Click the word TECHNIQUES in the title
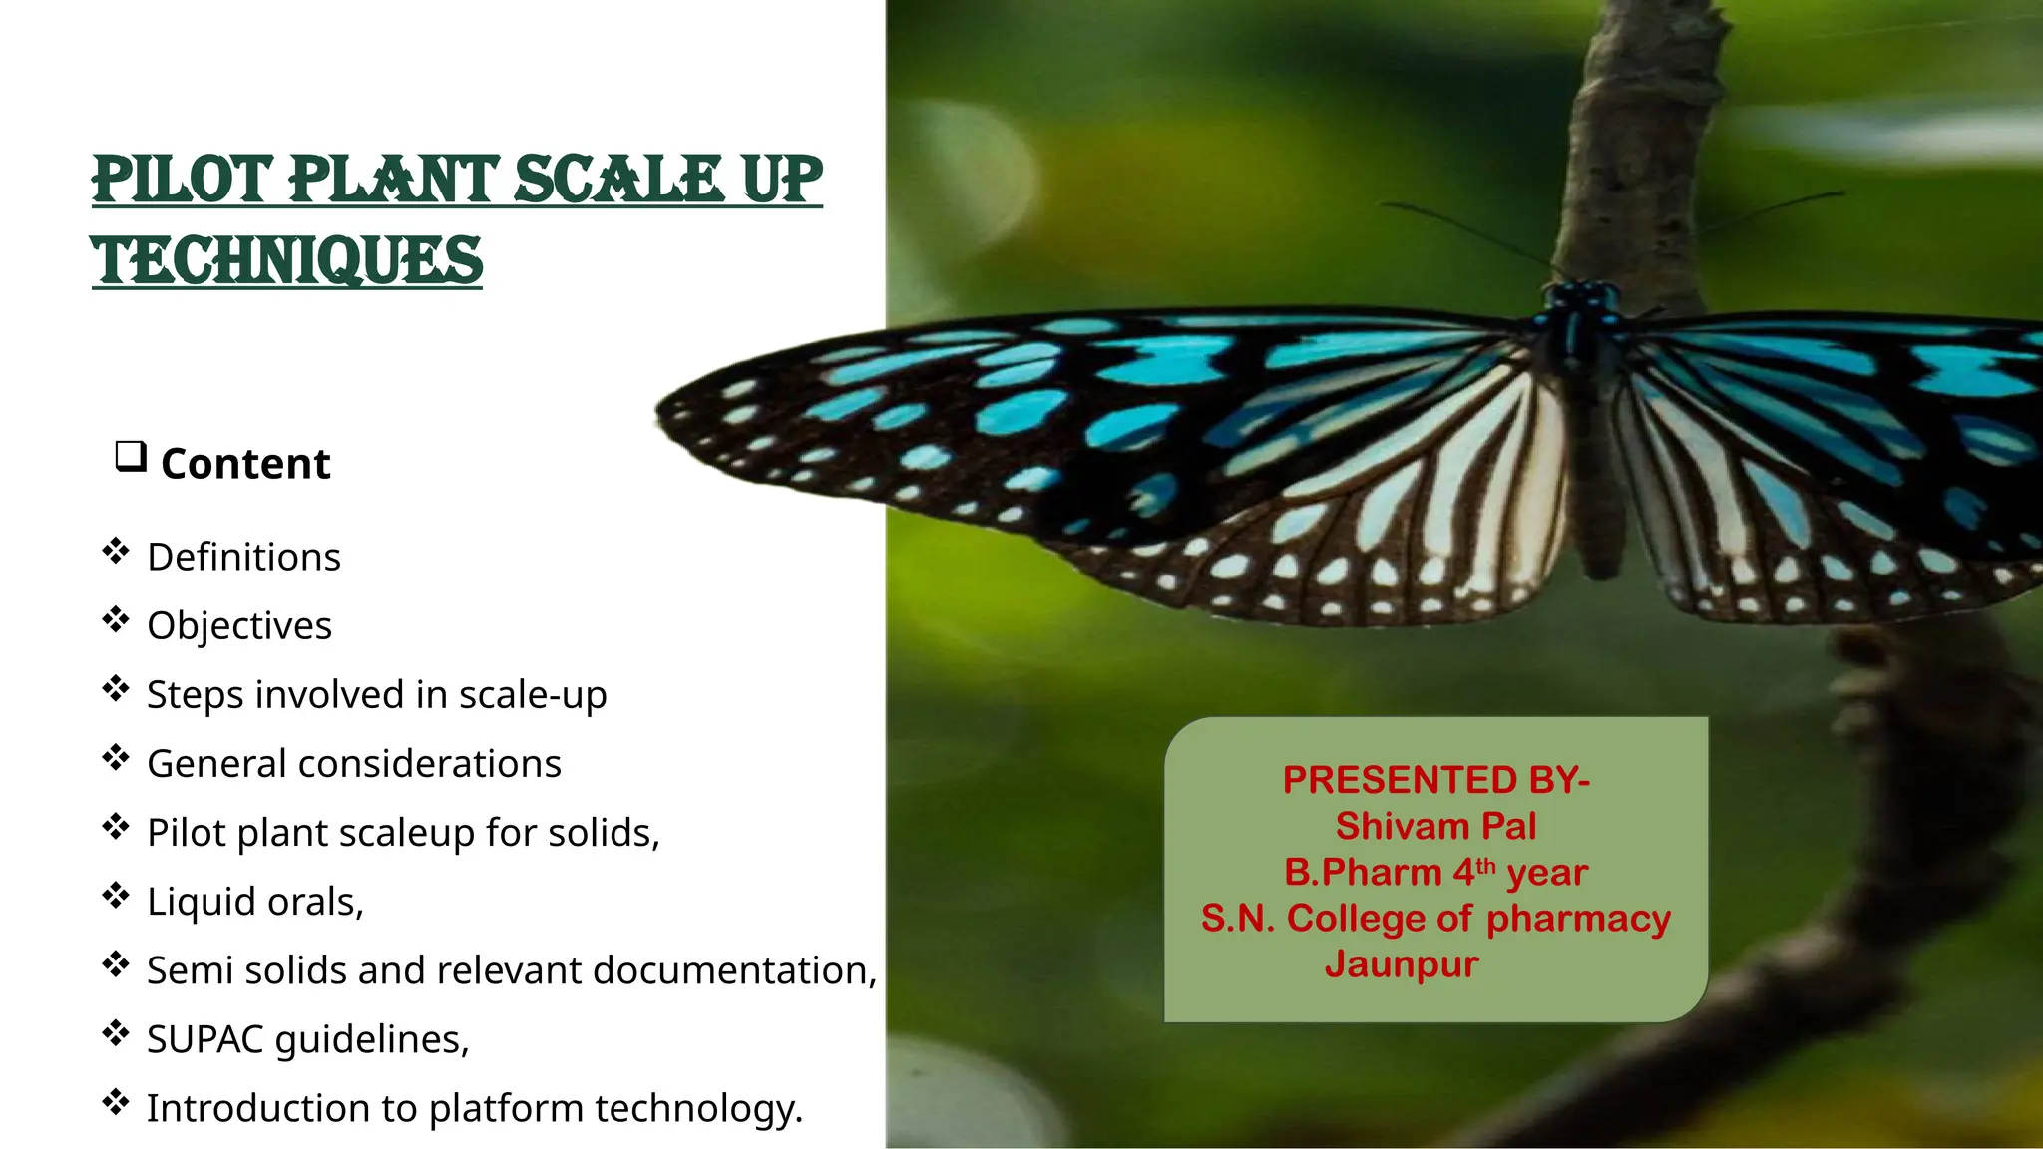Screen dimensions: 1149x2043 point(287,261)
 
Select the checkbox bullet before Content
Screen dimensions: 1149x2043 point(131,457)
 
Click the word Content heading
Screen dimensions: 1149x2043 point(245,464)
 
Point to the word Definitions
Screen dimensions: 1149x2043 point(243,557)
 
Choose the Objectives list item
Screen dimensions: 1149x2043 point(239,625)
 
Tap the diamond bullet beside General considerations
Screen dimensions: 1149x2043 point(116,758)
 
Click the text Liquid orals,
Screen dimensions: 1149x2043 point(255,902)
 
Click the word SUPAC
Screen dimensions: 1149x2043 point(204,1039)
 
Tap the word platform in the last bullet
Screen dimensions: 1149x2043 point(506,1109)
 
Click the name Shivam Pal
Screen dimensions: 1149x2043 point(1435,826)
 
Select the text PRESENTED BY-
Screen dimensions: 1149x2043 point(1435,780)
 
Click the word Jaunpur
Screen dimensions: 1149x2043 point(1402,964)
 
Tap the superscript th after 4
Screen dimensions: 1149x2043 point(1486,865)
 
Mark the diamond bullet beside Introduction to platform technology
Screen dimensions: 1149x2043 point(116,1102)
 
